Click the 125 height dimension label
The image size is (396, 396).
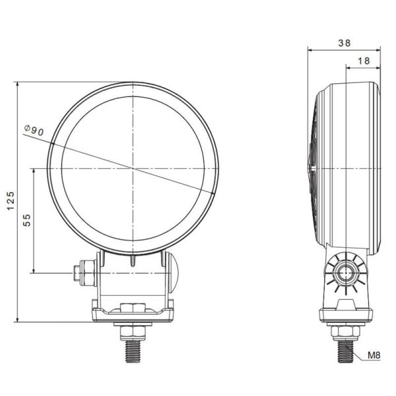[x=10, y=201]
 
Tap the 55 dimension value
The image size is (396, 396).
[x=27, y=220]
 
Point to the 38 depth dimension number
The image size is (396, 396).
[x=344, y=42]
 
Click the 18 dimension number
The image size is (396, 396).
[x=362, y=61]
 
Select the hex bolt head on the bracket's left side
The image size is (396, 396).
[x=83, y=270]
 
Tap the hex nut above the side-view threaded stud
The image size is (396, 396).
[x=344, y=329]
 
